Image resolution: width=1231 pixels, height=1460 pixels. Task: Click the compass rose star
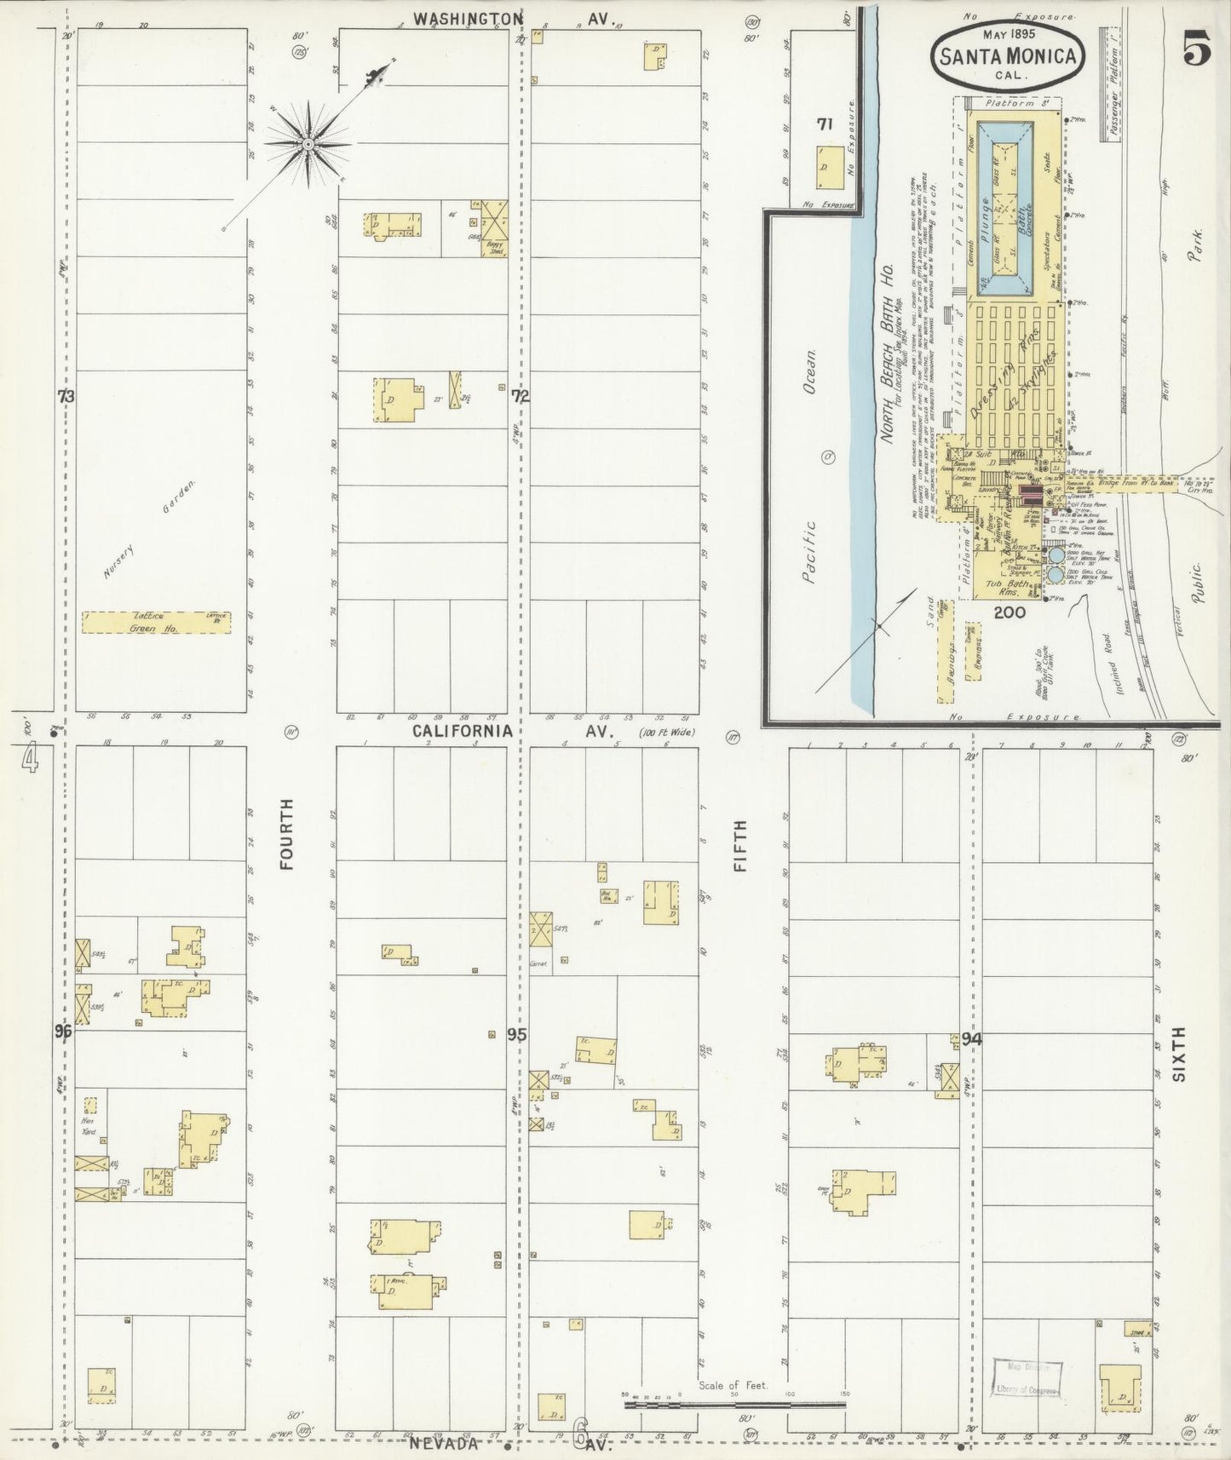[307, 144]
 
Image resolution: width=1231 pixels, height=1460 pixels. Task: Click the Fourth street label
[286, 833]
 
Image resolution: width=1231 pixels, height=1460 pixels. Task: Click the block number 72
[520, 395]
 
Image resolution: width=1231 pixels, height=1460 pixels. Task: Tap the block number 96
[61, 1032]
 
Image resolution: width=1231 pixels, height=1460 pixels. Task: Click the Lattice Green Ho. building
[156, 622]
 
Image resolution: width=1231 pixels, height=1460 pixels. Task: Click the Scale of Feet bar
[734, 1402]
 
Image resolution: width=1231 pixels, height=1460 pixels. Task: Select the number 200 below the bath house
[1009, 611]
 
